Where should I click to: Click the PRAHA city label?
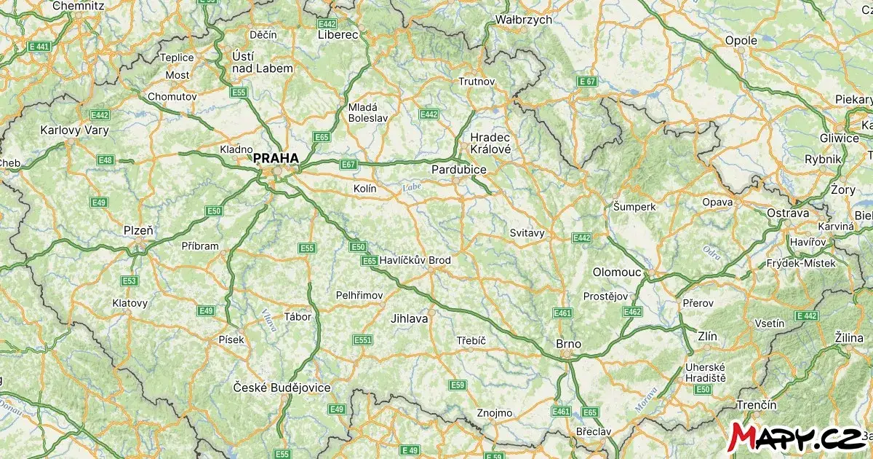click(276, 157)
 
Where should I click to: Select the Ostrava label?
click(787, 213)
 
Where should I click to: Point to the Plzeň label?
click(138, 231)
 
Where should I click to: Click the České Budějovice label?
click(282, 388)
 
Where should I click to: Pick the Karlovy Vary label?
click(74, 131)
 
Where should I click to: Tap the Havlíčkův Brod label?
click(415, 260)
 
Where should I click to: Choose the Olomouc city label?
click(617, 272)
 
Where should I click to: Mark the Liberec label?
click(338, 34)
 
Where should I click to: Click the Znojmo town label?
click(495, 413)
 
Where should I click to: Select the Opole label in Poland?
click(741, 41)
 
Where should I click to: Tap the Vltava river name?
click(268, 321)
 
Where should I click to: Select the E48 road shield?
click(105, 160)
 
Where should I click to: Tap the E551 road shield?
click(362, 340)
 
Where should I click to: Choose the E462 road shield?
click(632, 312)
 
